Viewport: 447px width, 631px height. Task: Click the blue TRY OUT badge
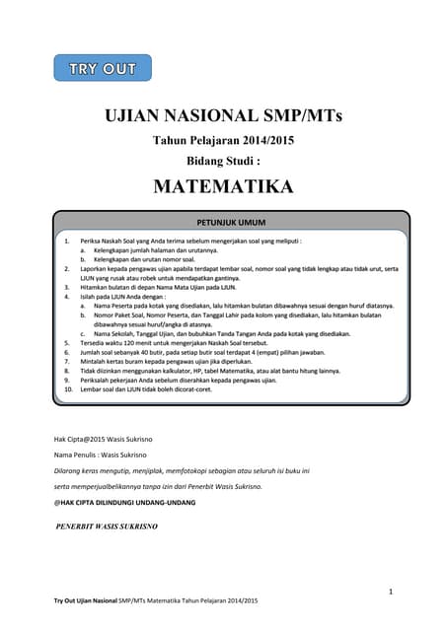point(96,68)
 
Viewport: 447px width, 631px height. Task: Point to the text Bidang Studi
point(223,160)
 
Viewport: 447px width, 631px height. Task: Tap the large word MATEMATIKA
point(223,186)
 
